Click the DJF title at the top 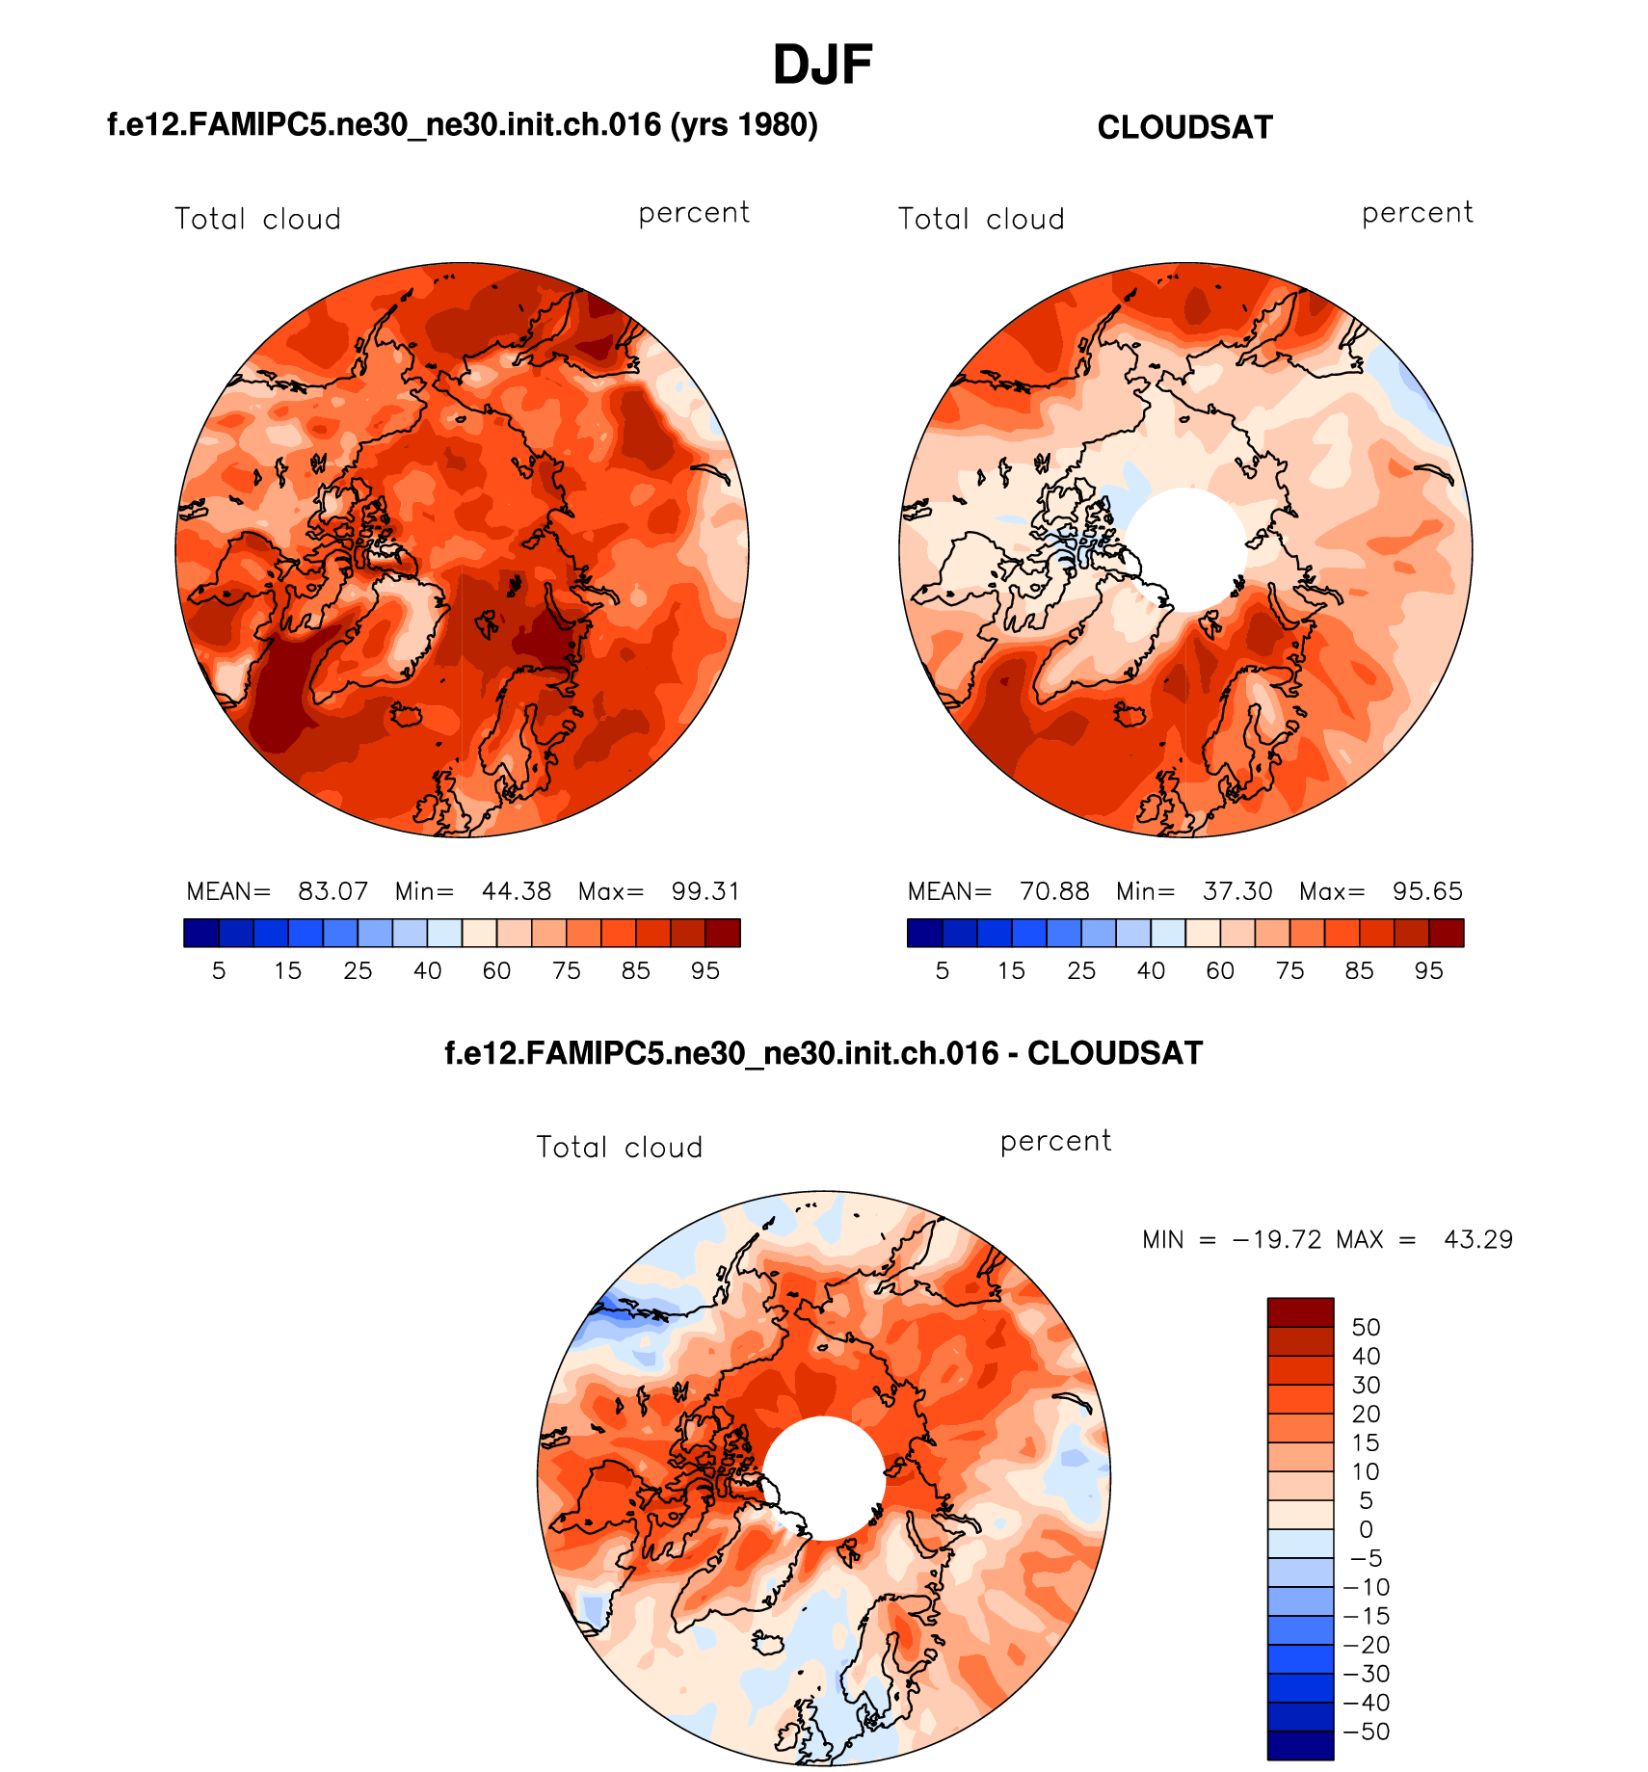(822, 66)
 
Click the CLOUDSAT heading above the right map (1184, 128)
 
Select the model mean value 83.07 (332, 891)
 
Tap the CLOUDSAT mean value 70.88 (1054, 891)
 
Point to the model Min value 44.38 (517, 891)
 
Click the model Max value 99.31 (705, 891)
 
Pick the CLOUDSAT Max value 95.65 (1427, 891)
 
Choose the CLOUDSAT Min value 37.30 (1237, 891)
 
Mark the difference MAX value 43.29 (1478, 1239)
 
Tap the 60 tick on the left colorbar (496, 971)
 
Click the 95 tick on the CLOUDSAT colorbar (1428, 971)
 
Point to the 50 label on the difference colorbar (1366, 1328)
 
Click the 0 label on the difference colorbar (1366, 1530)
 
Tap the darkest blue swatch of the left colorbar (201, 933)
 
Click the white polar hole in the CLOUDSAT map (1186, 549)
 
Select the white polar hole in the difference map (825, 1477)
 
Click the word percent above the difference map (1055, 1142)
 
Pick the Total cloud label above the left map (257, 220)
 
